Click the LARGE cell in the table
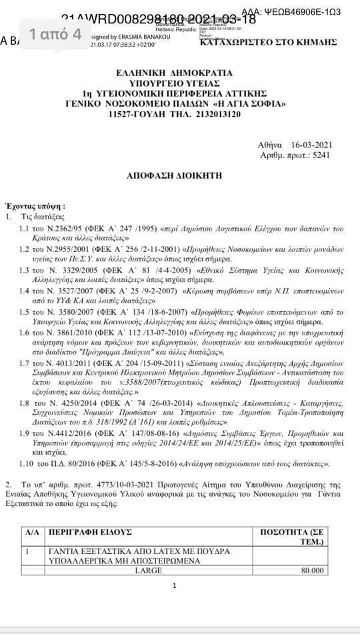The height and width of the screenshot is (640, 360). [149, 571]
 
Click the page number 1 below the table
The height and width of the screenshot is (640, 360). [174, 586]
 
